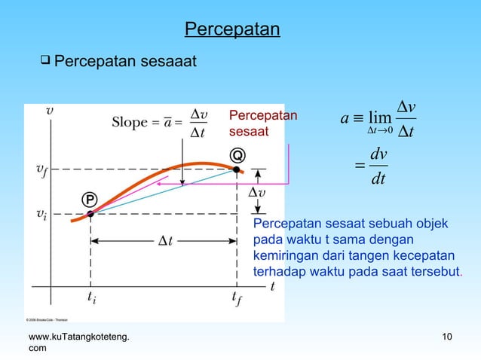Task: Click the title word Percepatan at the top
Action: pos(232,30)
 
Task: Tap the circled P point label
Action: pos(88,199)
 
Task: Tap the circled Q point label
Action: pos(237,155)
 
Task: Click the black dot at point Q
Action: pos(236,170)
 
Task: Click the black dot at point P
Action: pos(90,214)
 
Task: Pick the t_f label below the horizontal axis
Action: pos(237,299)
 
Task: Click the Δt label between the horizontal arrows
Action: pos(164,241)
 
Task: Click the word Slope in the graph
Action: pos(130,122)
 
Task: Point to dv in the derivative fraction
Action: pos(380,154)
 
